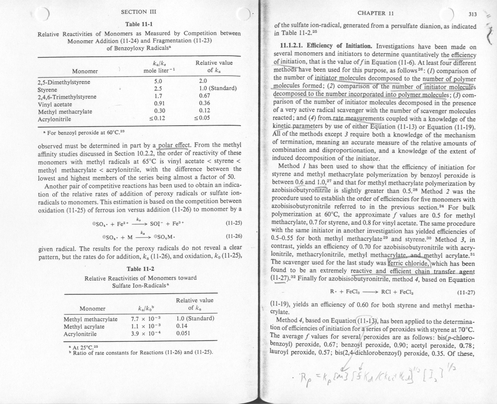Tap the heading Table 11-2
click(x=140, y=269)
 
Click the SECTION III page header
click(x=139, y=12)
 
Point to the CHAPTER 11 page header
click(x=376, y=13)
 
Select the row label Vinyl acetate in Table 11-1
click(x=55, y=104)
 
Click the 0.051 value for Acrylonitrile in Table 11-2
click(x=183, y=334)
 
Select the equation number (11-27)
click(x=466, y=292)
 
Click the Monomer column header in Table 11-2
click(x=92, y=308)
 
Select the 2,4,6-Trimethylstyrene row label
click(x=67, y=97)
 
